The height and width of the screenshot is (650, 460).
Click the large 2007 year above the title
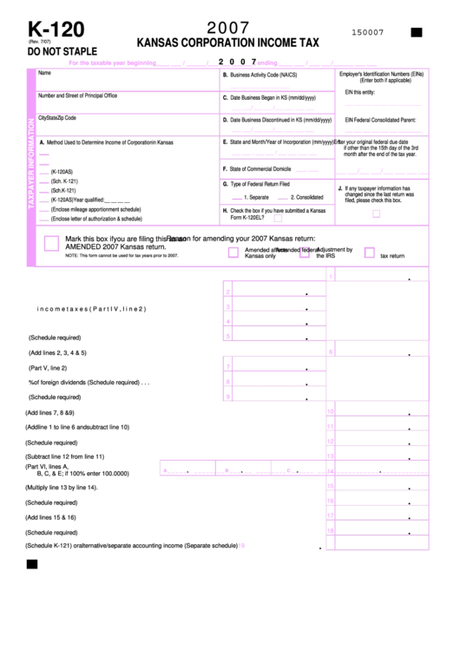(x=229, y=27)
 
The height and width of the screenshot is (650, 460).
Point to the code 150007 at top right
(x=367, y=32)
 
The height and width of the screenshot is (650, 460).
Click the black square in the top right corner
(x=416, y=32)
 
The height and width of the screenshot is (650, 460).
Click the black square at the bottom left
(x=32, y=564)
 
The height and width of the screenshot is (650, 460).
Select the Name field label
(x=44, y=73)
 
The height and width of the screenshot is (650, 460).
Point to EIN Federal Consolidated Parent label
(x=386, y=120)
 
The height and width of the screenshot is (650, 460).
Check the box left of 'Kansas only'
(x=233, y=253)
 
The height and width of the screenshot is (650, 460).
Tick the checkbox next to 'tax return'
(x=369, y=253)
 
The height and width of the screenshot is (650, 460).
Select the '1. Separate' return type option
(x=251, y=197)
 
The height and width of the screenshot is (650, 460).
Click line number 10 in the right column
(x=330, y=412)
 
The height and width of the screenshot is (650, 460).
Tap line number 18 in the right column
(x=330, y=530)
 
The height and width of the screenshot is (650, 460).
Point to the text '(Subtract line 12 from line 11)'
(x=65, y=456)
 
